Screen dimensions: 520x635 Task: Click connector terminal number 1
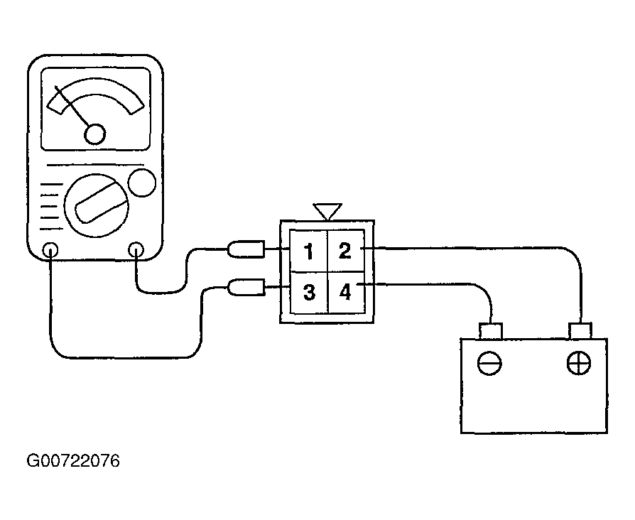pos(308,251)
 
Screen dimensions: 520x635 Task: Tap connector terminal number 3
pos(308,291)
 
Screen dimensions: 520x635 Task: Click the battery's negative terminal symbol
pos(489,364)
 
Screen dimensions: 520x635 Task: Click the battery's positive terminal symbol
pos(579,364)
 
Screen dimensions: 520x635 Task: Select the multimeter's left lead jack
pos(50,250)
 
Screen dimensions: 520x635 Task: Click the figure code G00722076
pos(73,462)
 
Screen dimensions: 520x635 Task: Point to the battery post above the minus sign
pos(491,330)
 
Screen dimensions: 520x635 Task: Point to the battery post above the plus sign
pos(580,330)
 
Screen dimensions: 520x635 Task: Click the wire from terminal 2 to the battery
pos(497,248)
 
